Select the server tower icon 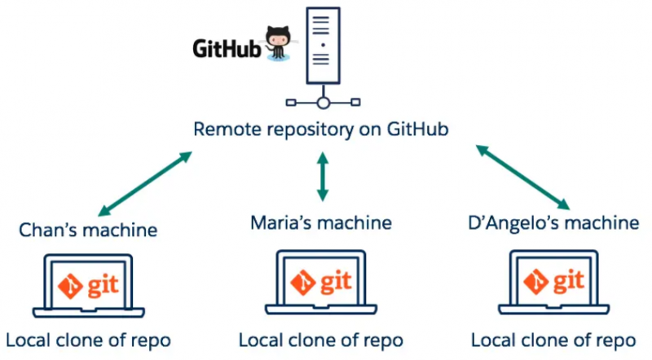tap(323, 46)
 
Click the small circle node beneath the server tap(323, 103)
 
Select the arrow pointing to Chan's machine tap(143, 182)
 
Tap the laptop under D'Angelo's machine tap(554, 284)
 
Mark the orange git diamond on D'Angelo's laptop tap(535, 282)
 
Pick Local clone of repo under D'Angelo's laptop tap(554, 339)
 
